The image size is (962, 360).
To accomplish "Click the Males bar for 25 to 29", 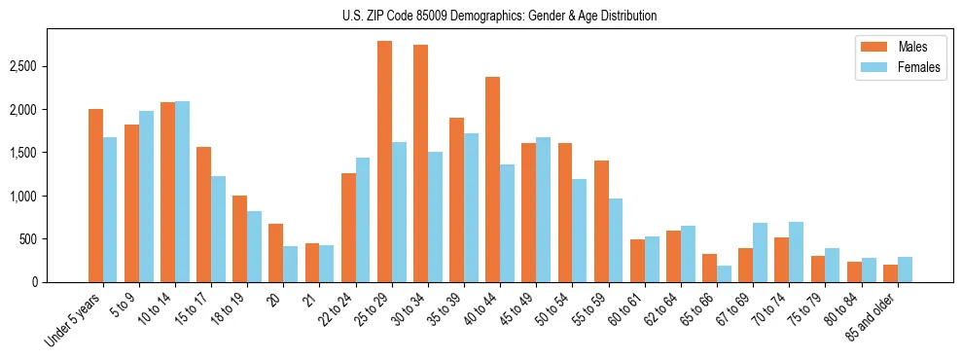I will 384,162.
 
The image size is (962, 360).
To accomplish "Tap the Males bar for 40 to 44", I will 492,180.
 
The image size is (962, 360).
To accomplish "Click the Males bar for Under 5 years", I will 95,196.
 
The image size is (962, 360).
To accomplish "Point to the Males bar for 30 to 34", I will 420,163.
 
